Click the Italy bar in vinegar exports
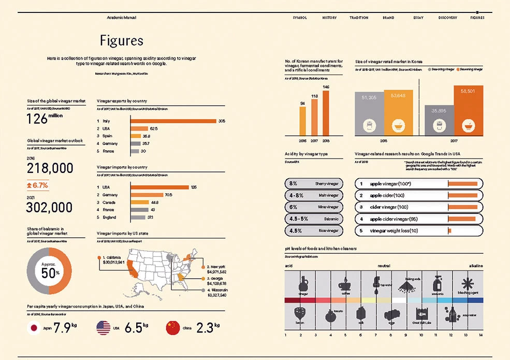point(173,121)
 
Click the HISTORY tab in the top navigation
point(329,18)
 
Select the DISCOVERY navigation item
point(447,18)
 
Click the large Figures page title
point(122,40)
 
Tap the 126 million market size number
point(44,119)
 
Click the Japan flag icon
point(34,327)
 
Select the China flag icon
point(172,327)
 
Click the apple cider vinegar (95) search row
point(418,219)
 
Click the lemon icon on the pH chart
point(300,314)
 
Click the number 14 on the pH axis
point(480,335)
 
